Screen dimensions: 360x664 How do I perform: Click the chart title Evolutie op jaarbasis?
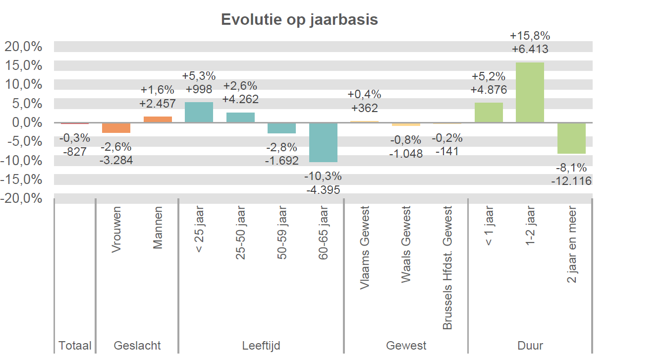point(299,19)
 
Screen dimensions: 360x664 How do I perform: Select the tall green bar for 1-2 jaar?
point(530,92)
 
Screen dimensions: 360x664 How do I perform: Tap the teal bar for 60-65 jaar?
point(323,142)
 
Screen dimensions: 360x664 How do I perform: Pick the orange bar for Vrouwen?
point(116,128)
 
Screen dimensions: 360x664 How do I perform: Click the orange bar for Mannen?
point(158,120)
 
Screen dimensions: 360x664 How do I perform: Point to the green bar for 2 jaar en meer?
point(571,138)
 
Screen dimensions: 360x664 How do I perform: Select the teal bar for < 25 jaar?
point(199,112)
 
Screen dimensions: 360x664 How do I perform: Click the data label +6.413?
point(530,49)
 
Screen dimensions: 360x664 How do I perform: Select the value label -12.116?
point(571,181)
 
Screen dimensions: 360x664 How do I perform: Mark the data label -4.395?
point(323,189)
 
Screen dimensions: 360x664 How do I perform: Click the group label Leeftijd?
point(261,346)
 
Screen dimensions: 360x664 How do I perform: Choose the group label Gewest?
point(406,346)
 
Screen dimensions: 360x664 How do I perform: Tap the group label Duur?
point(530,346)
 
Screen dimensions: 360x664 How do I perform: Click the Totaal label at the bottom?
point(75,346)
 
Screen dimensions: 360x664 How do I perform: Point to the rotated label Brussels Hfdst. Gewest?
point(447,268)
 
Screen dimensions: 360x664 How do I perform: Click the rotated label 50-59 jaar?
point(281,232)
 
